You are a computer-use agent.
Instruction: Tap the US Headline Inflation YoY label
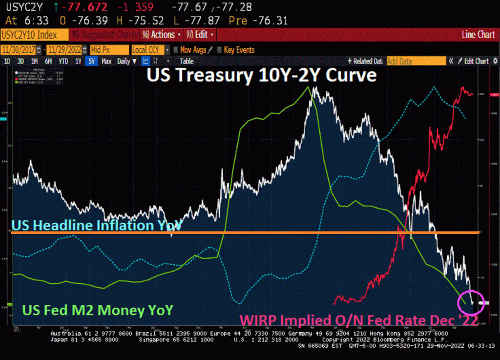pyautogui.click(x=96, y=225)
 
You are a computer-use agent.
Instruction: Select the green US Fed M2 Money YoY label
pyautogui.click(x=91, y=310)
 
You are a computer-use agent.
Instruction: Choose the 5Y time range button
pyautogui.click(x=92, y=61)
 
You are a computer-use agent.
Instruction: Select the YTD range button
pyautogui.click(x=63, y=61)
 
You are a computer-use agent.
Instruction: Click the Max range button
pyautogui.click(x=106, y=61)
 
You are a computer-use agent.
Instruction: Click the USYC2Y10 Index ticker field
pyautogui.click(x=34, y=35)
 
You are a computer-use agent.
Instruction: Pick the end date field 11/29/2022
pyautogui.click(x=65, y=50)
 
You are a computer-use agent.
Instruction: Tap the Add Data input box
pyautogui.click(x=415, y=61)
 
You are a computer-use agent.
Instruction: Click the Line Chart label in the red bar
pyautogui.click(x=478, y=35)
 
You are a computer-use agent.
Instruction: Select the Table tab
pyautogui.click(x=187, y=61)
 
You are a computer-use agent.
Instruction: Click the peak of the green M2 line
pyautogui.click(x=308, y=87)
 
